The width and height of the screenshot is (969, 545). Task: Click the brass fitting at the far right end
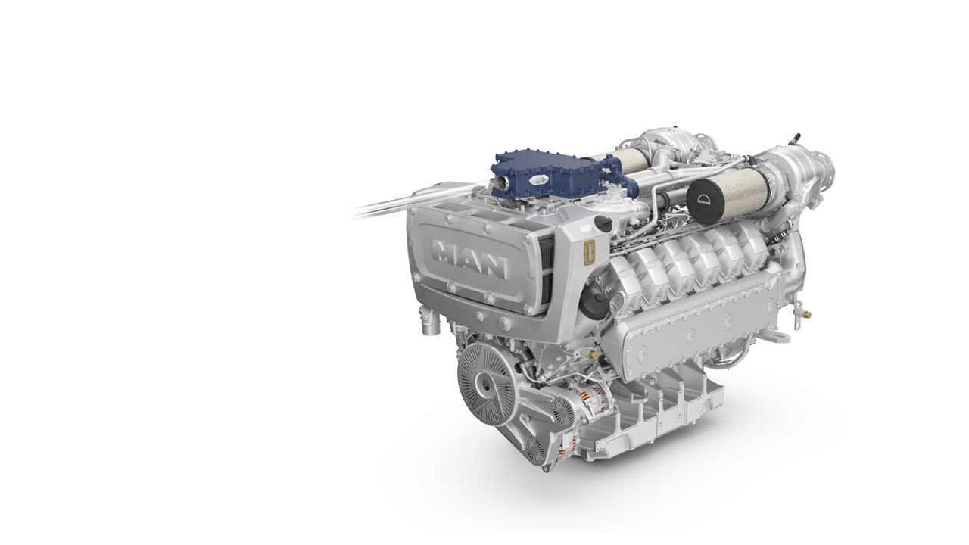pos(807,313)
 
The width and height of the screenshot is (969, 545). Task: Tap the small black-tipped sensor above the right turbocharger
pos(795,139)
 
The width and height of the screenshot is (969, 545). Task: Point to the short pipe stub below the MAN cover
pos(431,326)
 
